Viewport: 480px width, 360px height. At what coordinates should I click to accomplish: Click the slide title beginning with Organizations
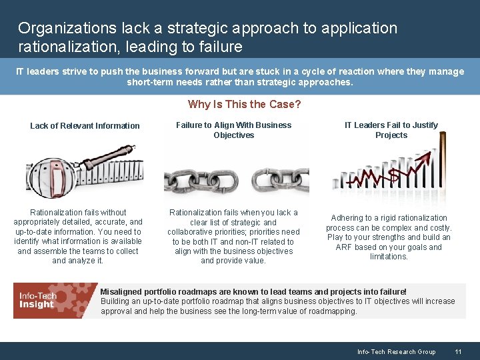(207, 37)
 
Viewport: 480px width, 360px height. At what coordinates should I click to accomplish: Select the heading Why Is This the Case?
(244, 104)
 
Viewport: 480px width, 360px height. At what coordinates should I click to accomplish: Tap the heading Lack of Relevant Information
(85, 125)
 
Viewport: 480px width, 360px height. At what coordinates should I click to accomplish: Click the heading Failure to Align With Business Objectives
(233, 130)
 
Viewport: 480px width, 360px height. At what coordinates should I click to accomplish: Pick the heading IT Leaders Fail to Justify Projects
(391, 130)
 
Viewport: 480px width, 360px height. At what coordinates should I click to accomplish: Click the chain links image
(236, 179)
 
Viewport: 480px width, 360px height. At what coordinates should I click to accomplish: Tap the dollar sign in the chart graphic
(394, 175)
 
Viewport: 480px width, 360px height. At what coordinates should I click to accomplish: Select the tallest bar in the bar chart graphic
(441, 167)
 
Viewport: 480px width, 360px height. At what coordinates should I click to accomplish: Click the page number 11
(458, 351)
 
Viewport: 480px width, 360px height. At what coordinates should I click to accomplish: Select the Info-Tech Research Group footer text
(396, 351)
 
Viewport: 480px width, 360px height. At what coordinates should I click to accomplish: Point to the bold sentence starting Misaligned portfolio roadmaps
(253, 292)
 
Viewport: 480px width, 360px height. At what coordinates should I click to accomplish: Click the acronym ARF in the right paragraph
(344, 247)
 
